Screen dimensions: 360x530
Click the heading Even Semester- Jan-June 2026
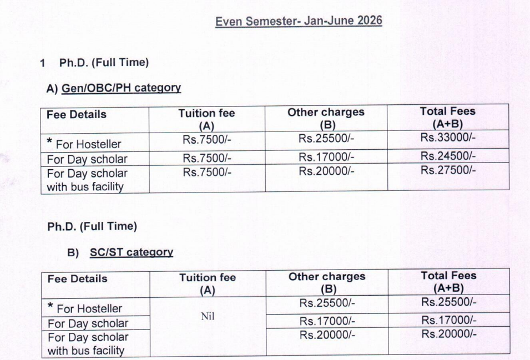point(299,21)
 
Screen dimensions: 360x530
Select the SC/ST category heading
point(132,252)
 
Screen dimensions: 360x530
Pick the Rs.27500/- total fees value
point(448,170)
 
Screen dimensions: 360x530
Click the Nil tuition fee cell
point(208,317)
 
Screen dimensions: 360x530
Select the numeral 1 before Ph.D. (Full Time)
point(42,63)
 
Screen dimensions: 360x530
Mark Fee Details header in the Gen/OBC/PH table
point(77,115)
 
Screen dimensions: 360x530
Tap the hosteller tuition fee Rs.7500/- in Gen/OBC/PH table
point(206,141)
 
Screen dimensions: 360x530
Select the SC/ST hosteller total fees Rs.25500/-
point(448,302)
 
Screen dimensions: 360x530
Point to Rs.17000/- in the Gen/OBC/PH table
point(326,156)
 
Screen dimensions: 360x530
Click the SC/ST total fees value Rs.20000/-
point(448,334)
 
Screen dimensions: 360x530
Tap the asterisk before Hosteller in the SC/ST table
point(51,307)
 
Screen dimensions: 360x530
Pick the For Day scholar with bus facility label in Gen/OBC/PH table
point(87,180)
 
